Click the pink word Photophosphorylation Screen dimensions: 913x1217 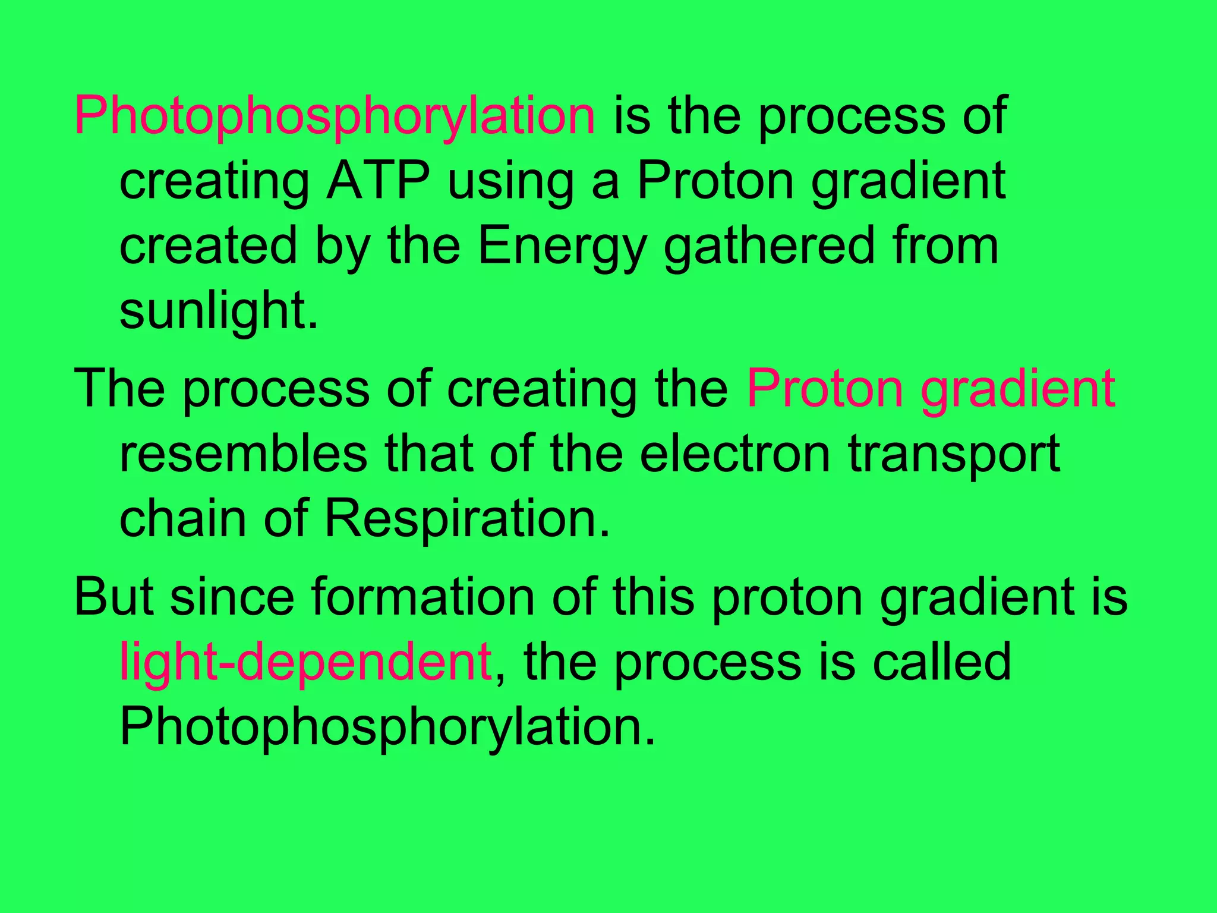click(x=334, y=117)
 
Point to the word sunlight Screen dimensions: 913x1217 click(x=219, y=310)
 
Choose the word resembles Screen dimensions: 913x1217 click(x=244, y=454)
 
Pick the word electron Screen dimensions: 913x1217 click(x=734, y=454)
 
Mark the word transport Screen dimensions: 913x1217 click(x=954, y=455)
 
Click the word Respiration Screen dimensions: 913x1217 click(x=467, y=520)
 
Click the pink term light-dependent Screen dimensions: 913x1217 click(x=305, y=662)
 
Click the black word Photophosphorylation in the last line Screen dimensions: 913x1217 click(x=387, y=728)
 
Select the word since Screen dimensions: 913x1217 click(x=232, y=597)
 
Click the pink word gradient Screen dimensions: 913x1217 click(x=1017, y=390)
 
